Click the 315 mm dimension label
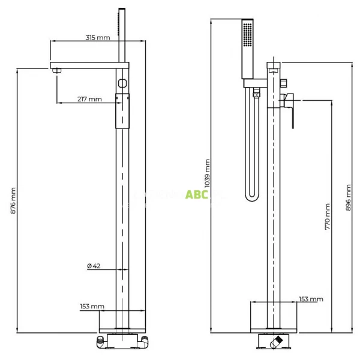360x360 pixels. [98, 37]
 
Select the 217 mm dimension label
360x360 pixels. [89, 99]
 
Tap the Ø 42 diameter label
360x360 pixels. [93, 266]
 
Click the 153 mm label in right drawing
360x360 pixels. [311, 299]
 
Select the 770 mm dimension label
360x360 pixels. [327, 217]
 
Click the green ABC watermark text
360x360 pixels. [196, 194]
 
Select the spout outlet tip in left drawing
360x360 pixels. [58, 71]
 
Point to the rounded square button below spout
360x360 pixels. [122, 82]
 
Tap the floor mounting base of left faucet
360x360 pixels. [122, 341]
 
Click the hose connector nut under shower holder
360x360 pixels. [256, 94]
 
